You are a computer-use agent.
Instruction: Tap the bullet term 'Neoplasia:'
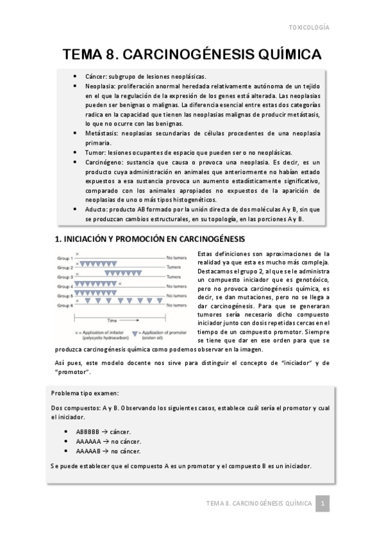[99, 85]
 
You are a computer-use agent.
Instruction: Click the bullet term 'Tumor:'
[94, 153]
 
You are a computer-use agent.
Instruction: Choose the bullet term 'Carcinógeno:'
[104, 163]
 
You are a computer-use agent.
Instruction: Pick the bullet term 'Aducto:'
[96, 209]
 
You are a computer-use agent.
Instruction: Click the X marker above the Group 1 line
[78, 254]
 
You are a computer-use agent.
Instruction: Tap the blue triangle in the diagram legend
[135, 334]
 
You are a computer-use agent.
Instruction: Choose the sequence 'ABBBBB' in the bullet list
[87, 432]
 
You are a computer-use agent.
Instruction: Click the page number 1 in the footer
[324, 504]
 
